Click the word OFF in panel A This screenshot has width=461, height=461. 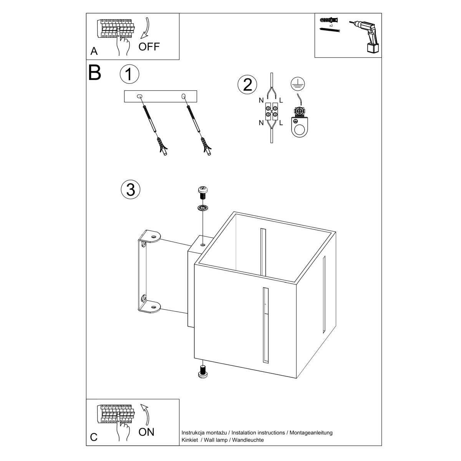[149, 47]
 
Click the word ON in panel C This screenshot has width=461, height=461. [146, 432]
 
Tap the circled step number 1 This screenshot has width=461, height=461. [129, 74]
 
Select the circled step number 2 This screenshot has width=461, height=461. [247, 85]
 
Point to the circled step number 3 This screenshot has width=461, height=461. [131, 189]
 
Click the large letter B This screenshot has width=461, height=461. [95, 72]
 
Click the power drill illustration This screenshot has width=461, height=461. [366, 36]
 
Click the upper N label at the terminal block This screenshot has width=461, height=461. [261, 101]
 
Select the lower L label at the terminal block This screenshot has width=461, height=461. [281, 123]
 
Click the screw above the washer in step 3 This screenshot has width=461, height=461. [202, 191]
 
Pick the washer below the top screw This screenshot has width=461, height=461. [202, 208]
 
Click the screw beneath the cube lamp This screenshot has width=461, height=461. [202, 371]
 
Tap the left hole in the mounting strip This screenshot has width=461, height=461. [140, 96]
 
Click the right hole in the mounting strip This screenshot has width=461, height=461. [183, 96]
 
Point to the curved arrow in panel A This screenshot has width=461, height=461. [146, 28]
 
